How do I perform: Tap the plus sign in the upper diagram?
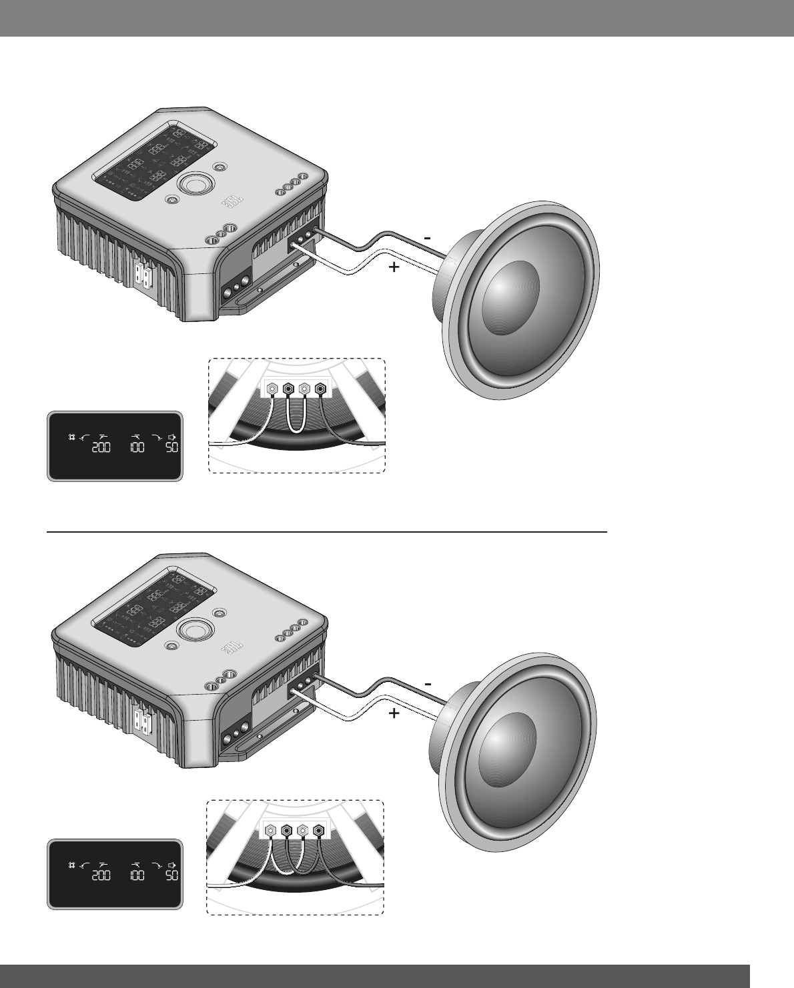394,268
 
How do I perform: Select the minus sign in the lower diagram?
428,684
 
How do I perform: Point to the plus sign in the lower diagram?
394,714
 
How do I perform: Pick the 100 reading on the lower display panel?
137,875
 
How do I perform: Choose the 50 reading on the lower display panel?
171,875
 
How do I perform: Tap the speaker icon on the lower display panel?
172,865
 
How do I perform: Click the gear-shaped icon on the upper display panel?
71,437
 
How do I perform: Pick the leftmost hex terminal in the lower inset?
270,831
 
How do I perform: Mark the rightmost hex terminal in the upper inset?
321,387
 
